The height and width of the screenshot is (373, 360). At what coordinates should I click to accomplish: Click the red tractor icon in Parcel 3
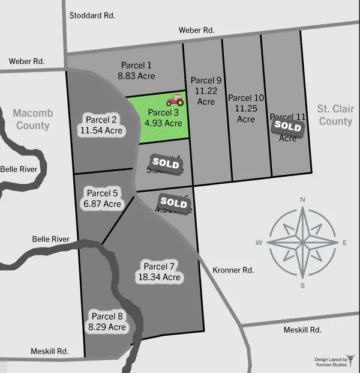click(x=175, y=99)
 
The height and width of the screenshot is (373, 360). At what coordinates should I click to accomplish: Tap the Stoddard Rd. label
click(x=92, y=15)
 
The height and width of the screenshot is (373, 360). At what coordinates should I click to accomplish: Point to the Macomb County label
click(x=32, y=119)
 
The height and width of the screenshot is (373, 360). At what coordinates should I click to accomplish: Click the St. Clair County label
click(x=335, y=115)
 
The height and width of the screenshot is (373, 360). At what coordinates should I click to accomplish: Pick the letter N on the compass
click(x=302, y=200)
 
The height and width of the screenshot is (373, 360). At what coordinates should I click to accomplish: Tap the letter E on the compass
click(x=344, y=243)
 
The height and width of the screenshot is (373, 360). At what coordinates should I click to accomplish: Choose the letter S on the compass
click(x=302, y=285)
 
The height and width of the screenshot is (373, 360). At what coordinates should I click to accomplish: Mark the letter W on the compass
click(x=259, y=243)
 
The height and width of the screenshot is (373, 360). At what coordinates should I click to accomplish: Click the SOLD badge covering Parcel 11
click(x=287, y=126)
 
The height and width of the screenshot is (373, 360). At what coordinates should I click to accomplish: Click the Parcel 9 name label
click(x=206, y=80)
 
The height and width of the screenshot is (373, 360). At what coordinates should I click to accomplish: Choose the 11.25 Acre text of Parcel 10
click(x=246, y=109)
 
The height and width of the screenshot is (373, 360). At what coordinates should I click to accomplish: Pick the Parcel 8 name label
click(x=107, y=316)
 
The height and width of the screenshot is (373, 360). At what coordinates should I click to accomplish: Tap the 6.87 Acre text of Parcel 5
click(x=103, y=204)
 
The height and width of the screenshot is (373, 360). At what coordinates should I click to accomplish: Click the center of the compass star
click(x=302, y=243)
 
